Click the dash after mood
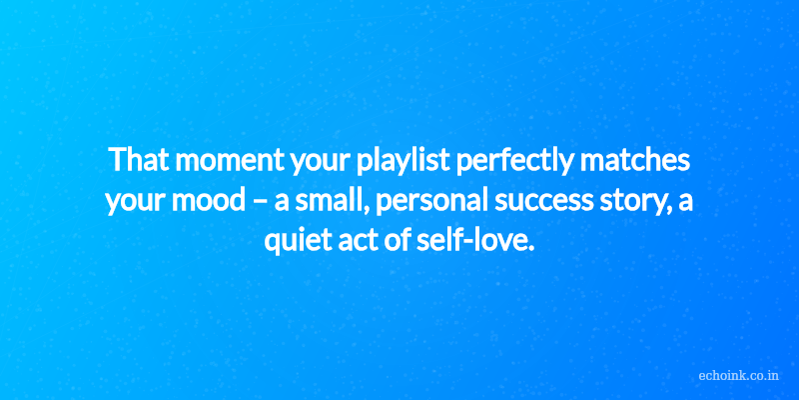click(x=260, y=203)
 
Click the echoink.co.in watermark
click(x=738, y=376)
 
